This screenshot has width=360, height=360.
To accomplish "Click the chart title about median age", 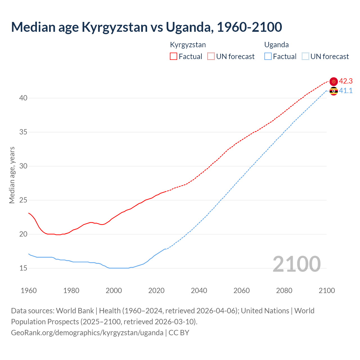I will pos(146,27).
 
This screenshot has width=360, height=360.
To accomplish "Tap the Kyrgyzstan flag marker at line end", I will pos(334,82).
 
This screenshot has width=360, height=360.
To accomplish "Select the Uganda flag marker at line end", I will pos(334,91).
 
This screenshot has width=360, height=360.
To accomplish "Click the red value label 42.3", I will pos(346,81).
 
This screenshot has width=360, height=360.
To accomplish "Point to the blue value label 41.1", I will pos(346,91).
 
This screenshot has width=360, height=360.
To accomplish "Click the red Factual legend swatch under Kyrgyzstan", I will pos(174,56).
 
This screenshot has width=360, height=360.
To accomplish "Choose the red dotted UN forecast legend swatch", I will pos(211,56).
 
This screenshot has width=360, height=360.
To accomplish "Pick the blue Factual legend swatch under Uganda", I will pos(268,56).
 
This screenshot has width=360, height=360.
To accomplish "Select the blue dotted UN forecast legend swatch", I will pos(305,56).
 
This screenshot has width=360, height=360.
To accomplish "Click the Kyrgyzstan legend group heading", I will pos(188,45).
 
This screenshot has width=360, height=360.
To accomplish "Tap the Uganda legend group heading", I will pos(276,45).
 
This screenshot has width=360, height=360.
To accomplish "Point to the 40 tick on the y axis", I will pos(23,98).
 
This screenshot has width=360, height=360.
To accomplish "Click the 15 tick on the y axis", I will pos(23,268).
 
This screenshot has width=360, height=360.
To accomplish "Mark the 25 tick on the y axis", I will pos(23,200).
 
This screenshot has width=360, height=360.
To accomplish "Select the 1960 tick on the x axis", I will pos(29,291).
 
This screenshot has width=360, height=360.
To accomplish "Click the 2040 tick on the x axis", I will pos(199,291).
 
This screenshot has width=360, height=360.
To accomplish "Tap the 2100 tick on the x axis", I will pos(327,291).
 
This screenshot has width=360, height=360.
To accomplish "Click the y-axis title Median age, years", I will pos(12,175).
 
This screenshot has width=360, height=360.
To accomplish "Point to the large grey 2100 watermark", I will pos(296,264).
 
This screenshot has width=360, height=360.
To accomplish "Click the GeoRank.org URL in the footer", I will pos(87,332).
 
